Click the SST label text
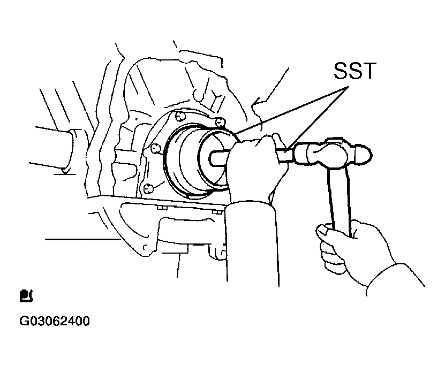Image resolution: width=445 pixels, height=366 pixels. click(x=355, y=71)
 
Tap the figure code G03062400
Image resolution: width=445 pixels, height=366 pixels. click(x=55, y=321)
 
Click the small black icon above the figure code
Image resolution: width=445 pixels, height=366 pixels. click(x=26, y=296)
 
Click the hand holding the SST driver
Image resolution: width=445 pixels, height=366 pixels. click(x=255, y=170)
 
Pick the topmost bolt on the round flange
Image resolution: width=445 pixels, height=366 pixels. click(x=179, y=116)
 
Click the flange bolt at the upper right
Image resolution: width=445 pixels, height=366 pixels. click(x=220, y=123)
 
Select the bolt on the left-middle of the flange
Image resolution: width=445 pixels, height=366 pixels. click(x=155, y=148)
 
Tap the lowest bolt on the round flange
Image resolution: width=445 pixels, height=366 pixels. click(x=148, y=188)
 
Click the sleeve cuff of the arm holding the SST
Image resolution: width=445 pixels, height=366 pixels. click(x=250, y=207)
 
